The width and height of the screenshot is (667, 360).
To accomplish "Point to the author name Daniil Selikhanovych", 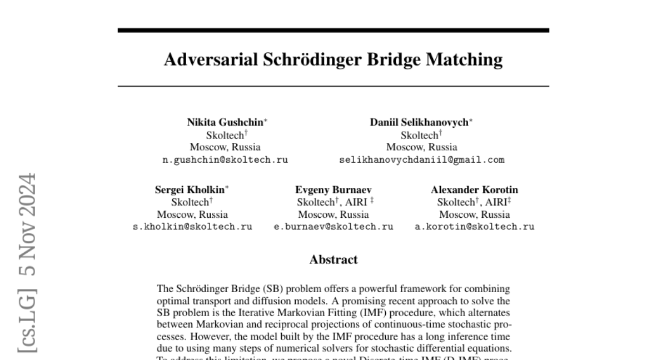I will click(420, 122).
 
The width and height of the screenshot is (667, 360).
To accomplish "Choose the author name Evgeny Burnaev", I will click(326, 189).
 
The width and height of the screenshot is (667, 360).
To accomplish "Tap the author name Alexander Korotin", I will click(474, 189).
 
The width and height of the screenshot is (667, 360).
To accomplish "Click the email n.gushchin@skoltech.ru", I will click(225, 160).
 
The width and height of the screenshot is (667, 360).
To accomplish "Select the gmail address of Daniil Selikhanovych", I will click(421, 160).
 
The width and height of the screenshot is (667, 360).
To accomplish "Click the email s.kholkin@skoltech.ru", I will click(192, 227).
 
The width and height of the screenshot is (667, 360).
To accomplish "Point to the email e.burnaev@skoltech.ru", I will click(333, 227).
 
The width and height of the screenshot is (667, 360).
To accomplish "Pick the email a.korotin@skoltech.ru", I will click(475, 227).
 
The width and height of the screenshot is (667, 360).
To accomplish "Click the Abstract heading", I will click(333, 259).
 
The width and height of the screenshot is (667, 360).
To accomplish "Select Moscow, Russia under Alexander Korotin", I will click(475, 214).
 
